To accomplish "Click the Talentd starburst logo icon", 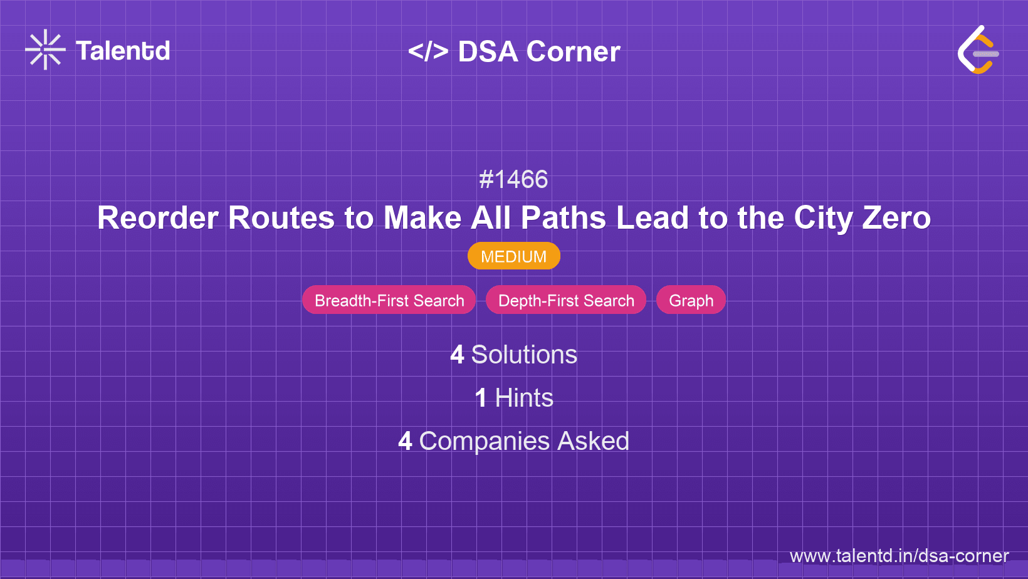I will click(45, 50).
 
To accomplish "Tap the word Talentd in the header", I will click(123, 51).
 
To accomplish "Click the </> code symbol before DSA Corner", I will click(428, 51).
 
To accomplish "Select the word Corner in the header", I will click(573, 51).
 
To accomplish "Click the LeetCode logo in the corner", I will click(978, 50).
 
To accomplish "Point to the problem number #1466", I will click(513, 180).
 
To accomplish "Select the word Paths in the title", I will click(563, 218).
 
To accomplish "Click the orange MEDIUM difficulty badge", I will click(513, 256).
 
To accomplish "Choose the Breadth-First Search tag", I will click(389, 300).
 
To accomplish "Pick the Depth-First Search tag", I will click(566, 300).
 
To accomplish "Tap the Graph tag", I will click(691, 300).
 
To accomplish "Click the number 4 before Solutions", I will click(457, 355).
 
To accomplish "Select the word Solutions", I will click(524, 355).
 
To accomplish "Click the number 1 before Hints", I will click(481, 398).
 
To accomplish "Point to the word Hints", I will click(524, 398).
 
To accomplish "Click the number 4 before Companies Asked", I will click(405, 441).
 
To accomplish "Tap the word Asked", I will click(593, 441).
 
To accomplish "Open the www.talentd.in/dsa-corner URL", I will click(899, 556).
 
